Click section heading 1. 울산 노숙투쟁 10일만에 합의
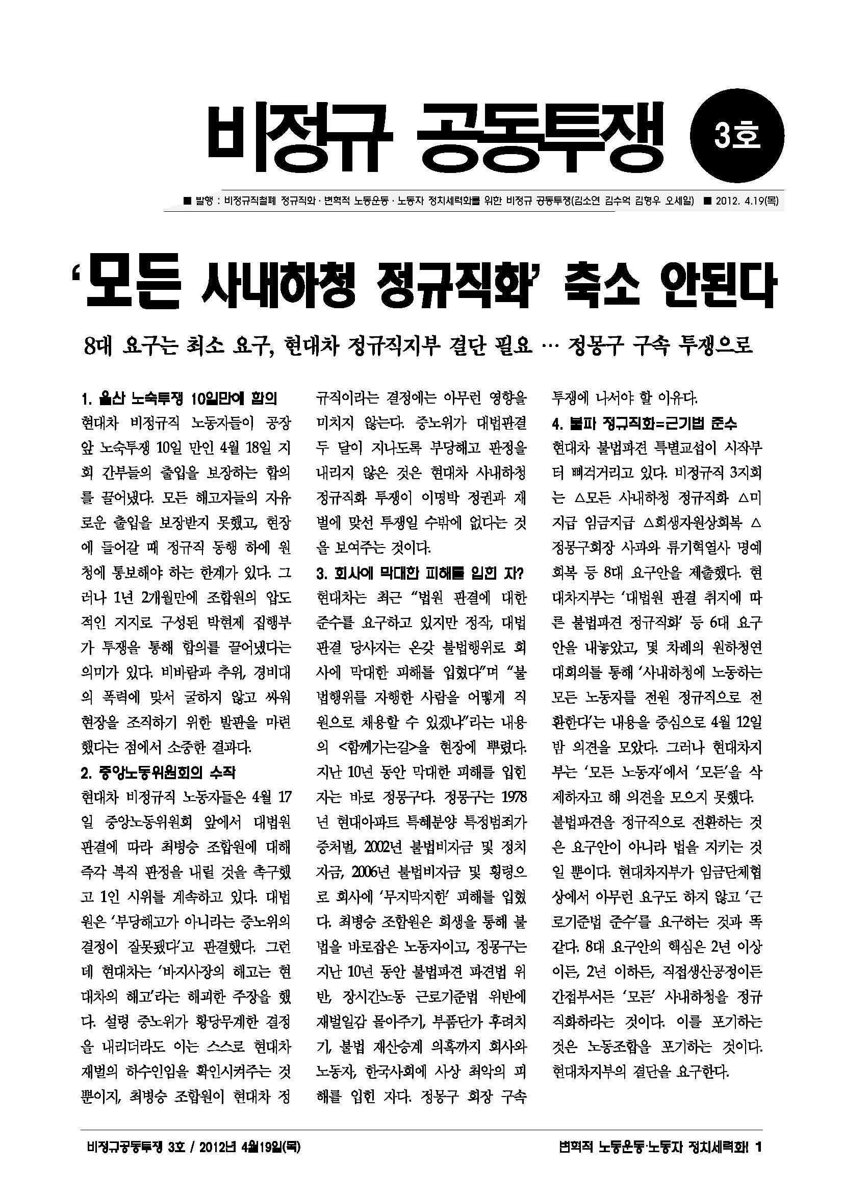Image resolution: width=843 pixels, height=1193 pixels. (179, 399)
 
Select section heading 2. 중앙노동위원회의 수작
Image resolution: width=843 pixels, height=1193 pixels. (159, 773)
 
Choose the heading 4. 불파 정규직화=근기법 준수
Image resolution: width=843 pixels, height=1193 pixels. (644, 424)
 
